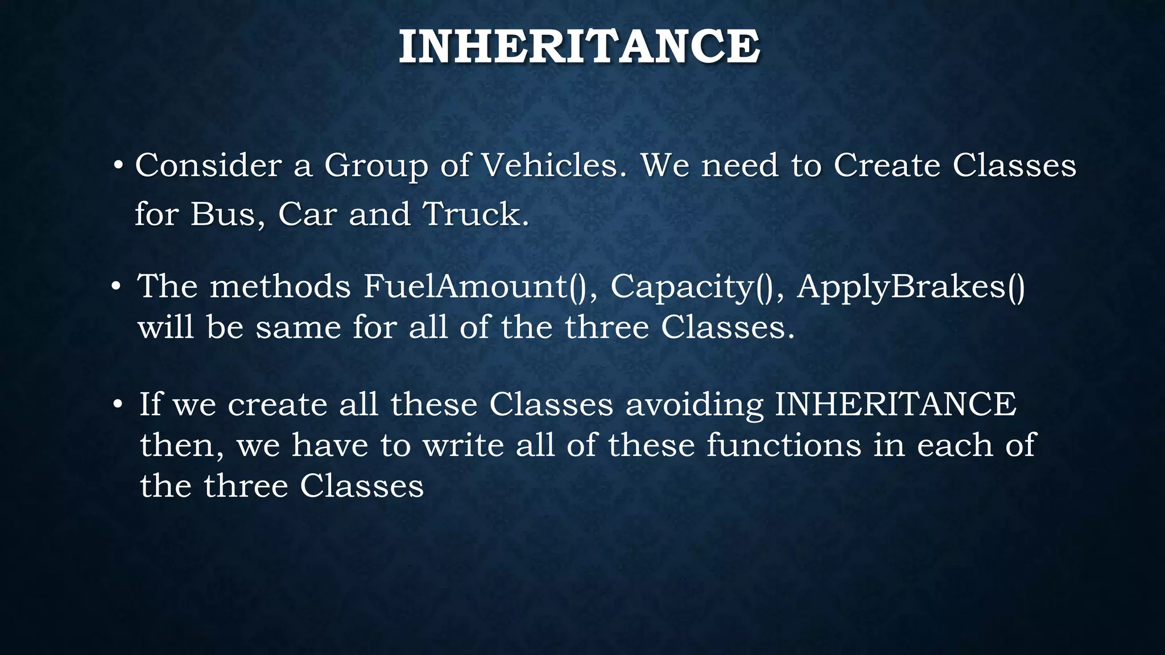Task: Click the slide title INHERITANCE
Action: pos(579,47)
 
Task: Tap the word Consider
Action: pos(208,166)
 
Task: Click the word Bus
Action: pos(227,215)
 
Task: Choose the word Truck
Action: pos(476,215)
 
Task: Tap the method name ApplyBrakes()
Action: pos(911,286)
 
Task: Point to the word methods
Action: pos(280,286)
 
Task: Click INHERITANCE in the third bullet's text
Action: pos(895,404)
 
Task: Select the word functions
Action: pos(784,445)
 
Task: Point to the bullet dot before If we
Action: pos(118,405)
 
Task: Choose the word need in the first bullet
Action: pos(740,166)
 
